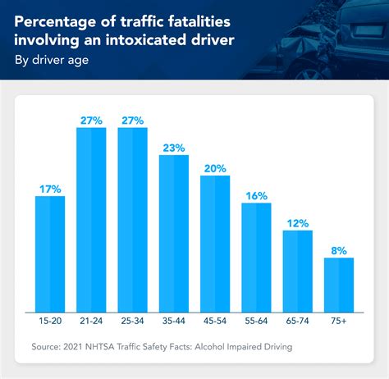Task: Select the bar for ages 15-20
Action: (x=50, y=251)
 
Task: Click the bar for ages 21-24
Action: (x=91, y=217)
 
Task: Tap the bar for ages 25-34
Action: (x=132, y=217)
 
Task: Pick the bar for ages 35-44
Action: (x=173, y=231)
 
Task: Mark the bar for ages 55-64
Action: (x=256, y=254)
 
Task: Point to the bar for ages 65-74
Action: (x=297, y=267)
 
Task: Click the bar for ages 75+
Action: (x=339, y=281)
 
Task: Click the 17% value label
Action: (x=50, y=188)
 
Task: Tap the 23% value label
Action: (x=173, y=147)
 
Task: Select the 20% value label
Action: (x=215, y=167)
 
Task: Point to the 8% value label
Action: (x=339, y=249)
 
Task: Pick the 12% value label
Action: (x=297, y=222)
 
